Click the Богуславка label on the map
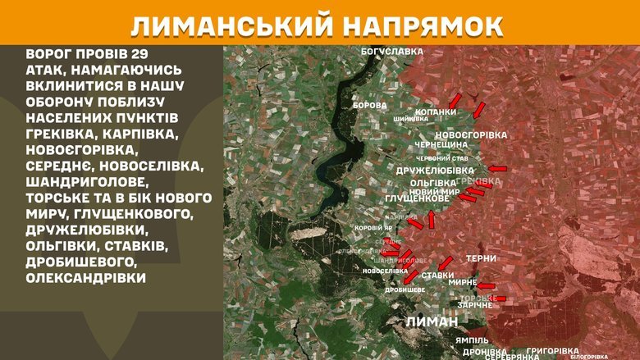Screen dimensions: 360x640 [x=391, y=52]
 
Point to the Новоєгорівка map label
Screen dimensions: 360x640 [x=471, y=134]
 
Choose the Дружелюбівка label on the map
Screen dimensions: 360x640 [x=434, y=170]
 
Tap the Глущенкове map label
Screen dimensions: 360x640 [x=417, y=198]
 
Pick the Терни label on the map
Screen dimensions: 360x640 [x=480, y=258]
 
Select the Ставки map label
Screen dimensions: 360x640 [x=439, y=275]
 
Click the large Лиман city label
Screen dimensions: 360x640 [x=430, y=321]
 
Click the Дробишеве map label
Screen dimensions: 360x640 [x=405, y=289]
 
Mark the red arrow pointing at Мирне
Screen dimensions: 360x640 [x=487, y=286]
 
